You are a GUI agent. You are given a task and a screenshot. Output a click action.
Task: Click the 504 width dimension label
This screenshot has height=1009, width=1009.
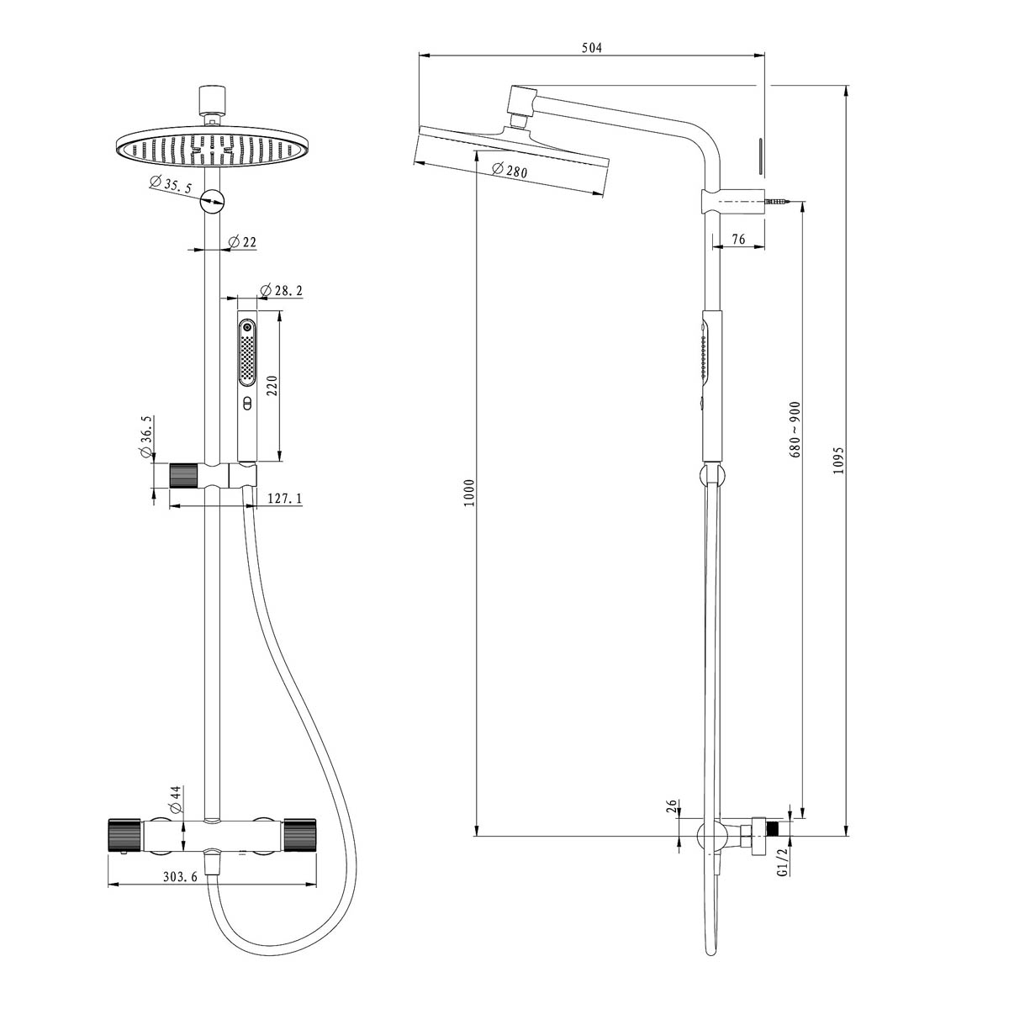pyautogui.click(x=592, y=48)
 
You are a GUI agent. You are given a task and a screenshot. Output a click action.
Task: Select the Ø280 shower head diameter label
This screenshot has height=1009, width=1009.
pyautogui.click(x=510, y=171)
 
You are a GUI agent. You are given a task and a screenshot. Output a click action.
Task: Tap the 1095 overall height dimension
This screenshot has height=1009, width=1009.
pyautogui.click(x=837, y=460)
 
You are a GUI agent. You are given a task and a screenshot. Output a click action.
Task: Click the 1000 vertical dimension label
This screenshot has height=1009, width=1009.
pyautogui.click(x=469, y=492)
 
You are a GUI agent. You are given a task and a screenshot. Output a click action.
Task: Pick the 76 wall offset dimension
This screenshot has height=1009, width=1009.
pyautogui.click(x=737, y=240)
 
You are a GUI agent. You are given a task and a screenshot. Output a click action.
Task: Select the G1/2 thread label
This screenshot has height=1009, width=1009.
pyautogui.click(x=782, y=863)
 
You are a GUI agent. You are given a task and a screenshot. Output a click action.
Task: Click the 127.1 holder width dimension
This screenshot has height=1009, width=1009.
pyautogui.click(x=284, y=499)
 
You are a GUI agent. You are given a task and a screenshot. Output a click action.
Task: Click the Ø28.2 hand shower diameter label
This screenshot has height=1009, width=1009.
pyautogui.click(x=282, y=291)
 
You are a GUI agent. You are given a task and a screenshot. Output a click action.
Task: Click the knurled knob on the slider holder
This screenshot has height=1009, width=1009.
pyautogui.click(x=183, y=476)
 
